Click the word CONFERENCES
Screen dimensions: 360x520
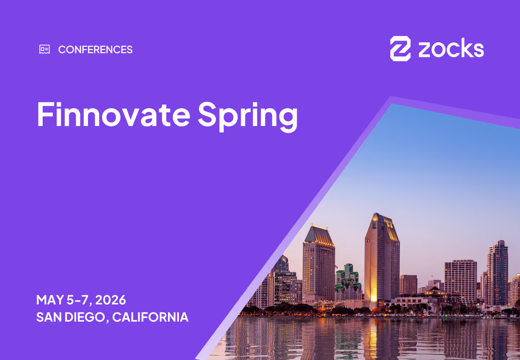95,50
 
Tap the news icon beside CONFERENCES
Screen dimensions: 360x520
44,49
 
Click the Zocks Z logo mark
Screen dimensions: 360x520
400,49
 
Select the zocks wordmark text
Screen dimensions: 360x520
451,49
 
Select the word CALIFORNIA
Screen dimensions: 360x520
150,317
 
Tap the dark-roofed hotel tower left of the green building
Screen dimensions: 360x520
318,264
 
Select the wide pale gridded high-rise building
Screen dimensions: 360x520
460,280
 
